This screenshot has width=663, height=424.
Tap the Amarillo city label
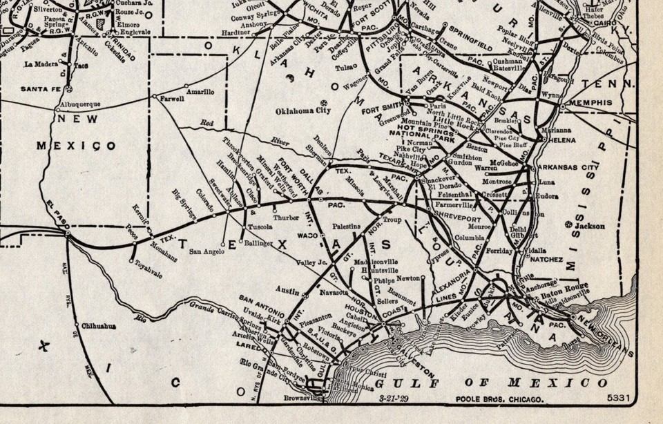(200, 92)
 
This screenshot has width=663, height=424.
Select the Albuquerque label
(80, 104)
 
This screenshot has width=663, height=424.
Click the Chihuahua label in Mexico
(98, 326)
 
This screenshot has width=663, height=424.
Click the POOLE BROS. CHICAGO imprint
(499, 400)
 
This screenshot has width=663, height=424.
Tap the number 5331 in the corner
(618, 399)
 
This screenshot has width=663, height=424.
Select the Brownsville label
(302, 398)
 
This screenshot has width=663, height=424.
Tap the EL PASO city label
(57, 213)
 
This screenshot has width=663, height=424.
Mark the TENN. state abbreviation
(617, 84)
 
